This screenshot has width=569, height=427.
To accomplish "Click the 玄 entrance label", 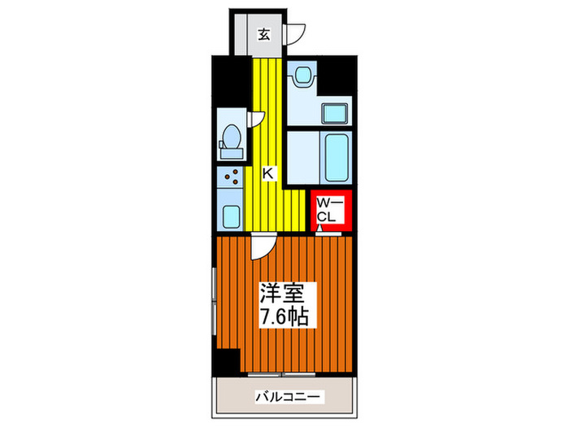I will tap(264, 34).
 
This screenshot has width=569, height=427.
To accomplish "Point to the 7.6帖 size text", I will tap(284, 316).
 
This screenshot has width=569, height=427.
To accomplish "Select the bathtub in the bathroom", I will tap(335, 158).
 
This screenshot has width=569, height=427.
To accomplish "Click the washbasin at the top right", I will tap(302, 76).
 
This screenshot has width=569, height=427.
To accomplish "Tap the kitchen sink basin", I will tap(231, 216).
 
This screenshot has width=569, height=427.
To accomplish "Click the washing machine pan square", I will tap(337, 113).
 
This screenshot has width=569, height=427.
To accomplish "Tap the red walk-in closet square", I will tap(332, 209).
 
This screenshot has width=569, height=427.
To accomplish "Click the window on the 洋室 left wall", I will tap(214, 302).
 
